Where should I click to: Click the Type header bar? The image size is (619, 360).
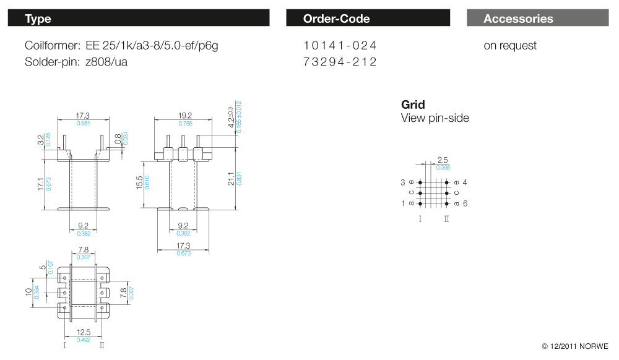click(x=139, y=19)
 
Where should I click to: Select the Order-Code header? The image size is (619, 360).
click(x=368, y=19)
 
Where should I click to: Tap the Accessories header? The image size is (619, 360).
click(x=538, y=19)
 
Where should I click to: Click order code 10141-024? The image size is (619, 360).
click(x=340, y=46)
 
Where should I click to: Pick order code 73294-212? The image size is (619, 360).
click(x=340, y=62)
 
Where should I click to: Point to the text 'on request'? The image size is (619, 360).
click(x=510, y=46)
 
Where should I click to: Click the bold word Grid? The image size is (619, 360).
click(x=413, y=105)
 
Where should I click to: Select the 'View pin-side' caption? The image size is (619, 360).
click(x=435, y=118)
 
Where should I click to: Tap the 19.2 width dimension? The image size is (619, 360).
click(x=185, y=116)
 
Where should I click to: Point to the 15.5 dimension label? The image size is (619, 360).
click(x=140, y=183)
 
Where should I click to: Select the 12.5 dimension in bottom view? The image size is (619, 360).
click(x=84, y=332)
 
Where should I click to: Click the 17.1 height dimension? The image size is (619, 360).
click(x=41, y=185)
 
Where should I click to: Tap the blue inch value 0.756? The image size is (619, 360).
click(x=185, y=124)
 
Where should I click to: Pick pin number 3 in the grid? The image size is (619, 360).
click(x=402, y=182)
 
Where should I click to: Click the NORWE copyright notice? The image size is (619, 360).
click(x=575, y=346)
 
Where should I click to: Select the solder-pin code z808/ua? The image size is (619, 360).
click(x=106, y=62)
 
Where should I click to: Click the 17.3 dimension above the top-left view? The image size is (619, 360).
click(x=83, y=116)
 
